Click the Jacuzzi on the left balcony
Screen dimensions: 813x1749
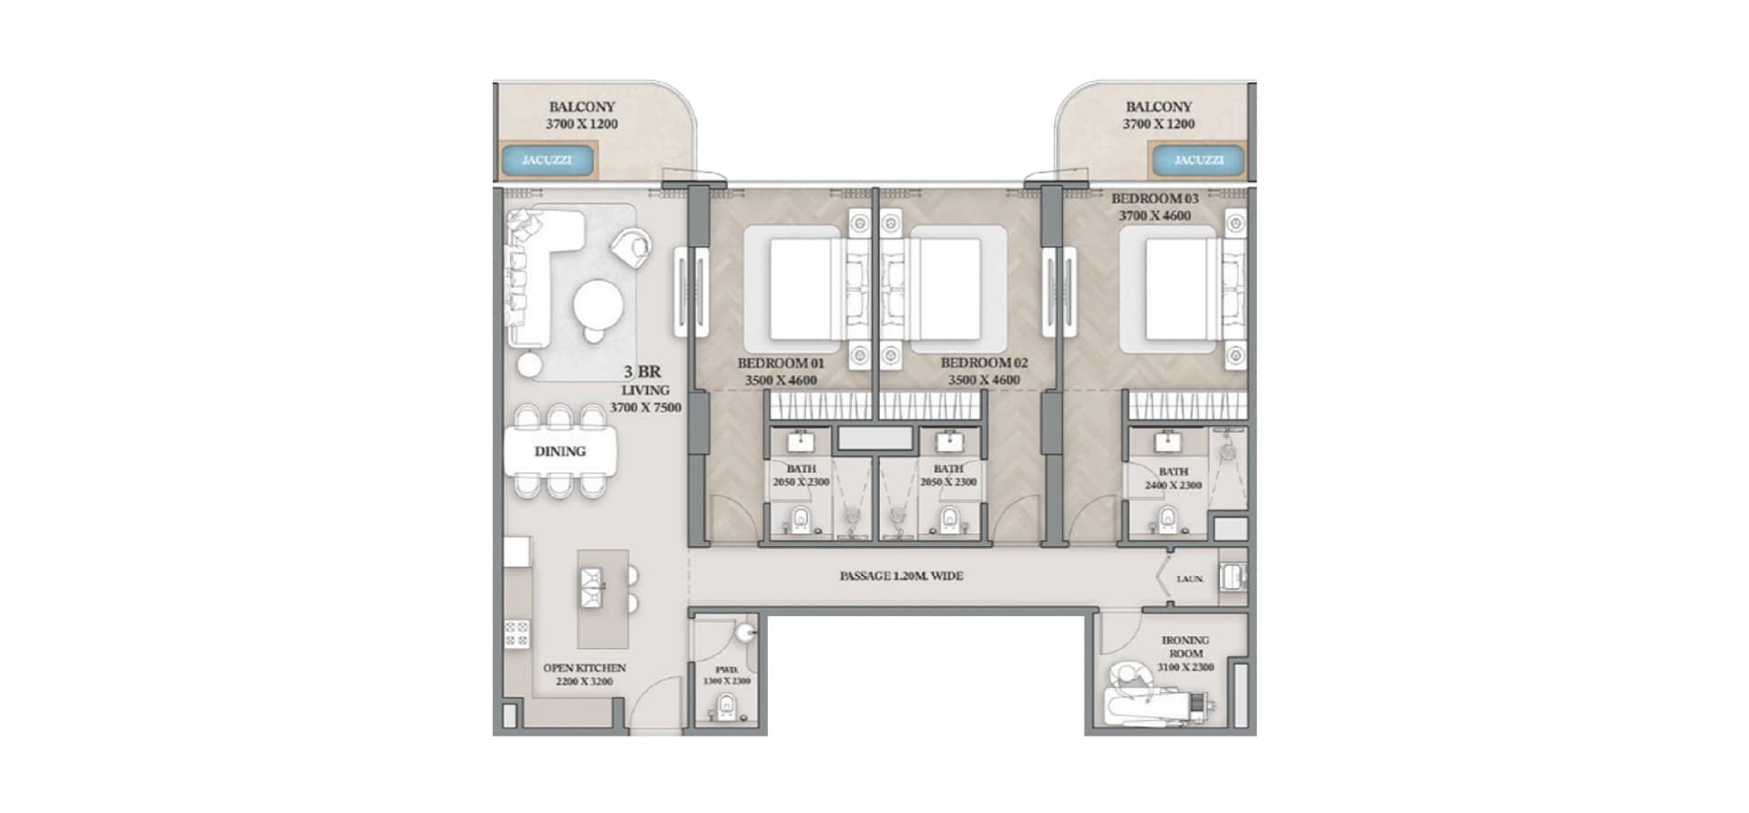point(547,160)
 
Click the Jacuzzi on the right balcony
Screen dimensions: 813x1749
point(1198,160)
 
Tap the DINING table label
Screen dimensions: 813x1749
point(559,451)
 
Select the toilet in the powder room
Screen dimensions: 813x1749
point(726,705)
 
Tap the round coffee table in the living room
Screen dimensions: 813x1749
point(598,305)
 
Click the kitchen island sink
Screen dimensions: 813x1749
point(591,588)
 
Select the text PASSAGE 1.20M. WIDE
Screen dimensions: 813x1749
point(901,576)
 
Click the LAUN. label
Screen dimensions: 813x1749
point(1189,579)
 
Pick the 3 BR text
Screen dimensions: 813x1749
point(642,372)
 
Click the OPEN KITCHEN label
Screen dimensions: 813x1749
point(584,668)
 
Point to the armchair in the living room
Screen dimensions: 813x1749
point(631,246)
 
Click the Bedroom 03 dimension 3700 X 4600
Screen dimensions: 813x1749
point(1154,216)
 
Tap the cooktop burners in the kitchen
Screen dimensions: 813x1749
point(517,633)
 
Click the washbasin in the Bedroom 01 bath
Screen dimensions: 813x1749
point(801,442)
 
